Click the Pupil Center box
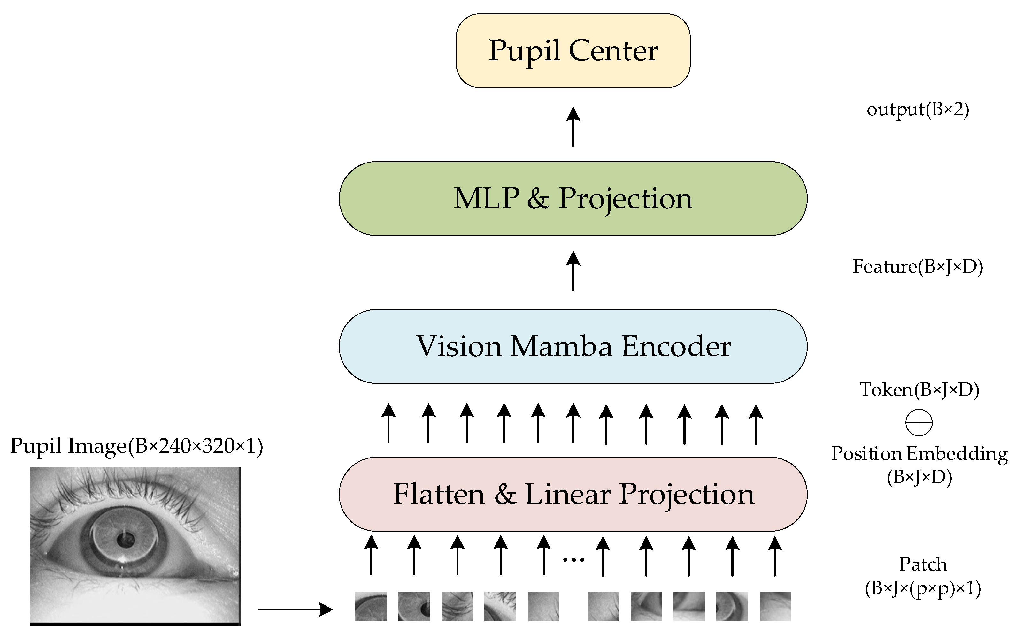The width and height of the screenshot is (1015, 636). coord(573,51)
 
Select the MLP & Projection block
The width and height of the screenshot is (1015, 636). coord(573,199)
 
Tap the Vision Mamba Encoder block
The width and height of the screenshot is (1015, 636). coord(573,346)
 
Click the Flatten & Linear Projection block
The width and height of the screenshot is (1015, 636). coord(573,494)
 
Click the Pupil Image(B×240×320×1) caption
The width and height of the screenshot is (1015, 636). coord(136,446)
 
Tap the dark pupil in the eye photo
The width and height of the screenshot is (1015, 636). coord(125,540)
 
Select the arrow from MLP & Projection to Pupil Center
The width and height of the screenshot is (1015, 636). coord(573,126)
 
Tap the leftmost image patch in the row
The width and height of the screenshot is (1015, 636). coord(371,606)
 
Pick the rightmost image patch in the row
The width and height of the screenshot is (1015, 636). coord(775,606)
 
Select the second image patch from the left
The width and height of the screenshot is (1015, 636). coord(414,606)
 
